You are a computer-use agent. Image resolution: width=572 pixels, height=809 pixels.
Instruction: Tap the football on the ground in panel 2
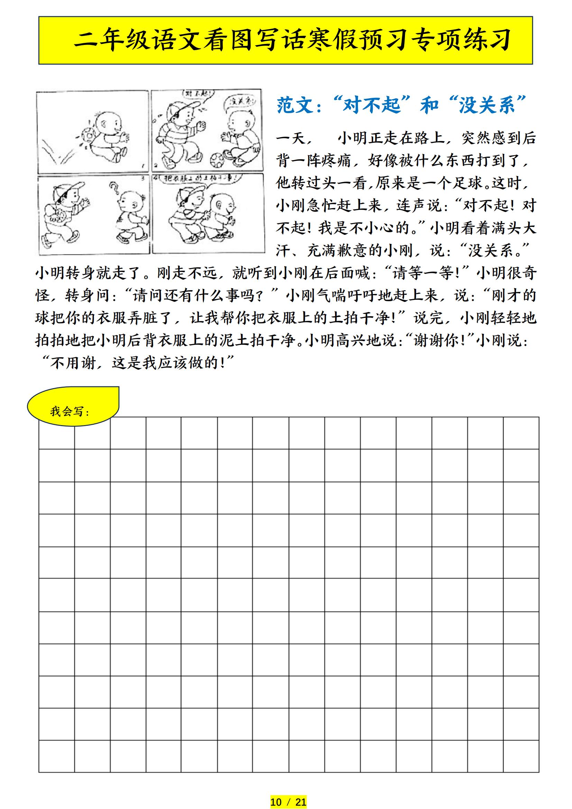pos(217,160)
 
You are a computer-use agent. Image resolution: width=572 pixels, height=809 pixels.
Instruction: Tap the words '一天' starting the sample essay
pos(291,138)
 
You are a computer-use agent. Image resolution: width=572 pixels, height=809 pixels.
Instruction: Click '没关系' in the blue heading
pos(487,105)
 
